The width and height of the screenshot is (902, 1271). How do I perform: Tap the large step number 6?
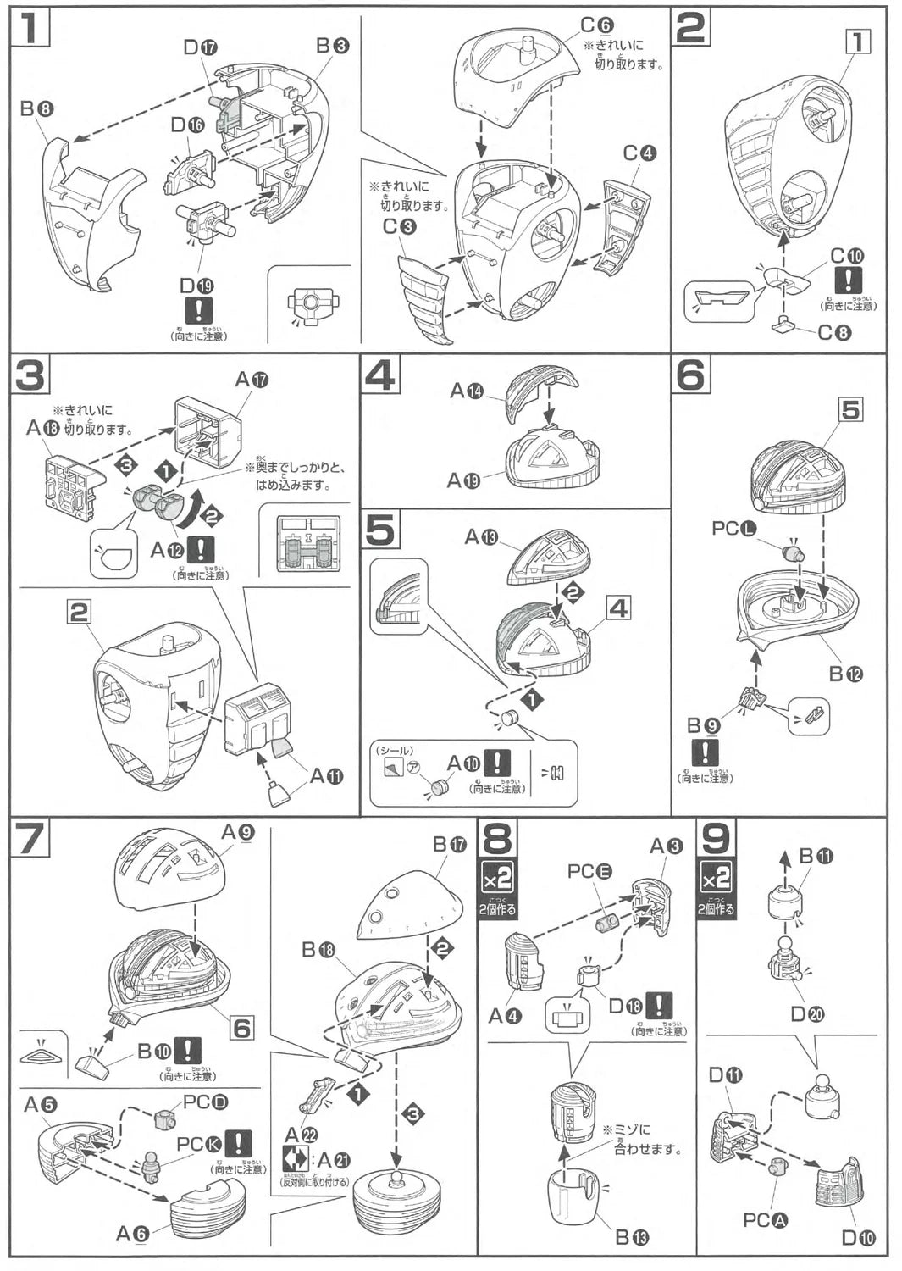click(690, 374)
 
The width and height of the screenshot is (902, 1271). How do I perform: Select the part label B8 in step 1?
click(37, 108)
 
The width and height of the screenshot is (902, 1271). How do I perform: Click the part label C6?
click(596, 25)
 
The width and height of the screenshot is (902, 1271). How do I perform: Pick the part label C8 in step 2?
click(834, 332)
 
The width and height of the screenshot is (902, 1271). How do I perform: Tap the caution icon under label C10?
click(848, 280)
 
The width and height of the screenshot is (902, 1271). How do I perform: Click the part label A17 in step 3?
click(252, 380)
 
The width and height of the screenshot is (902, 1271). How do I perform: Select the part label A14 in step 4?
click(466, 391)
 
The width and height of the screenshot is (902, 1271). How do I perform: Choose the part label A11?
click(326, 775)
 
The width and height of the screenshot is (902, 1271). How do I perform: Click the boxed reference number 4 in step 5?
click(618, 608)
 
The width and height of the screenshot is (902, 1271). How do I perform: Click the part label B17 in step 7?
click(450, 844)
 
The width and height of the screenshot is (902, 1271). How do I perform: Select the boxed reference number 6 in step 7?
click(242, 1028)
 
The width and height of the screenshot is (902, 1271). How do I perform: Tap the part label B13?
click(632, 1238)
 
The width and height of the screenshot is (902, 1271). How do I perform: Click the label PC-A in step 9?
click(766, 1220)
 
